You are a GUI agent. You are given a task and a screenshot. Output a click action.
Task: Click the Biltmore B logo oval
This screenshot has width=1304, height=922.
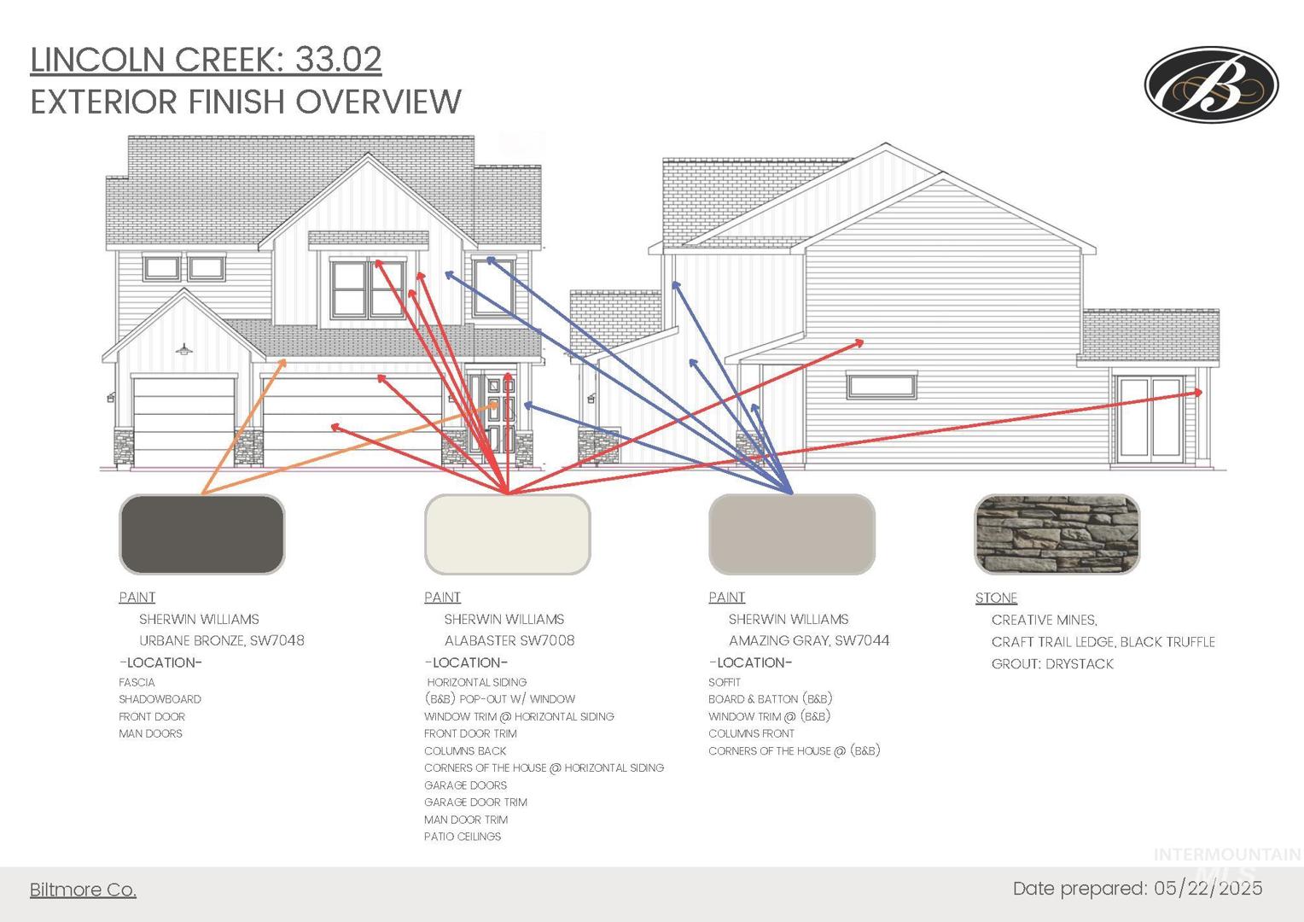[x=1212, y=85]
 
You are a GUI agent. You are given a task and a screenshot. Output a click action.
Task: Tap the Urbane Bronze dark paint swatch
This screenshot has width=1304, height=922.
[x=202, y=534]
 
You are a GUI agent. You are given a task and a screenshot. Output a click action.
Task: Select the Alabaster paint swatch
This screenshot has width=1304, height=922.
[x=508, y=534]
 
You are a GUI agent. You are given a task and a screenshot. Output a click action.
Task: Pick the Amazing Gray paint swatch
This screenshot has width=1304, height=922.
[x=792, y=534]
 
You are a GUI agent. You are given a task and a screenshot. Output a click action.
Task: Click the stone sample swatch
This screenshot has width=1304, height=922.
[x=1057, y=534]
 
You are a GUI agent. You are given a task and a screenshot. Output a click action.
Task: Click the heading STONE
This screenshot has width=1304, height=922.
[x=996, y=598]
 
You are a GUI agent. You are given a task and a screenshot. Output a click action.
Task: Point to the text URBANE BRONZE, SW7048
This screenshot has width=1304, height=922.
[x=221, y=640]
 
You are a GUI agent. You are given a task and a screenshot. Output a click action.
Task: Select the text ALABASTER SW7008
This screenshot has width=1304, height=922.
[x=509, y=640]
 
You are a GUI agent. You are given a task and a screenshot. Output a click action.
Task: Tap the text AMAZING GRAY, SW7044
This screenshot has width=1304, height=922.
[x=809, y=640]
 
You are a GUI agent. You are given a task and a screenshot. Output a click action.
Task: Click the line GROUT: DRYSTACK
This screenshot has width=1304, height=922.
[x=1052, y=664]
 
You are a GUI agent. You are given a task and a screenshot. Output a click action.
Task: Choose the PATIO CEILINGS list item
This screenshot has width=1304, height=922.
[x=463, y=837]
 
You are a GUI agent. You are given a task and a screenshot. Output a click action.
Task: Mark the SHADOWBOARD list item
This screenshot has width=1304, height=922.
[x=160, y=699]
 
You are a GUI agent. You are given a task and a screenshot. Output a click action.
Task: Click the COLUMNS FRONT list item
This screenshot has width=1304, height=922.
[x=751, y=733]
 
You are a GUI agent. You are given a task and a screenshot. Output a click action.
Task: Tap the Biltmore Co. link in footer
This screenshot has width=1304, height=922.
[x=84, y=890]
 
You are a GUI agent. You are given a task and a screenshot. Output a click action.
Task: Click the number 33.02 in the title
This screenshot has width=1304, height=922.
[x=338, y=60]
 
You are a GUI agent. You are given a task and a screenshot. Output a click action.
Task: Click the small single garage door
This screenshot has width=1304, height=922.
[x=183, y=421]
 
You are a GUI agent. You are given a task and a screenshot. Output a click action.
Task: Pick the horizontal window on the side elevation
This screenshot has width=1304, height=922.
[x=882, y=386]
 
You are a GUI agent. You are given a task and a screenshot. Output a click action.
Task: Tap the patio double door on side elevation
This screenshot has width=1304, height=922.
[x=1150, y=419]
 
